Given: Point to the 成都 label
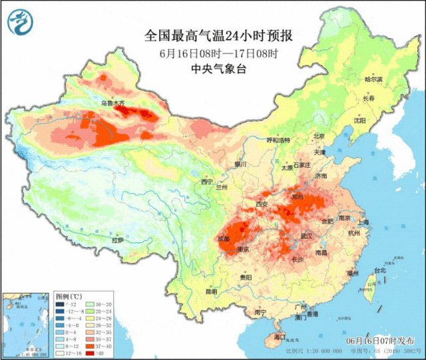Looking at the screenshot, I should click(223, 238).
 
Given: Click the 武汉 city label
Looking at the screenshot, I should click(306, 236).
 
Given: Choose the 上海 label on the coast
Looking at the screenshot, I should click(363, 223).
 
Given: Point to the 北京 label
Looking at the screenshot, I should click(319, 136).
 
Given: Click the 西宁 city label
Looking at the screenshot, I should click(207, 181).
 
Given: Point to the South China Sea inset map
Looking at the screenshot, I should click(26, 322).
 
